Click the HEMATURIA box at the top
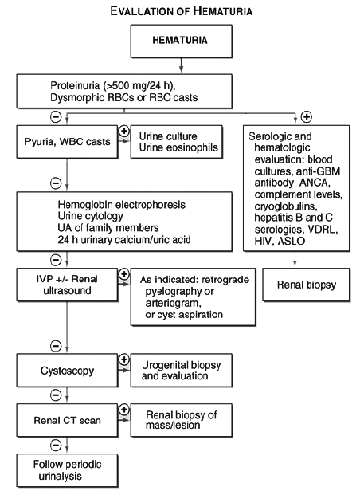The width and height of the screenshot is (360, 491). [181, 41]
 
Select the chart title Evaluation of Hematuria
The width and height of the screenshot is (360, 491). [181, 11]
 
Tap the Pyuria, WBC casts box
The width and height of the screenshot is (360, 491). [67, 142]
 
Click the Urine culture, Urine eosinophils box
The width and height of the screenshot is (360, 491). [177, 142]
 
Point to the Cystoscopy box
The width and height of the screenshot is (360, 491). [67, 371]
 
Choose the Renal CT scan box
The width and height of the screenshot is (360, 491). [67, 420]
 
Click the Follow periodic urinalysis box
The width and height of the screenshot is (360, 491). [67, 470]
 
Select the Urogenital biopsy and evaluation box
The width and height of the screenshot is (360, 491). [182, 371]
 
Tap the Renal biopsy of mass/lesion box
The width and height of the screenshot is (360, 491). [182, 420]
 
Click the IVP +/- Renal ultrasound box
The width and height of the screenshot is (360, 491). [67, 285]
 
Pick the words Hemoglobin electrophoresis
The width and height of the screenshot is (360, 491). [121, 205]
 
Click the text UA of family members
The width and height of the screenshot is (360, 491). [108, 228]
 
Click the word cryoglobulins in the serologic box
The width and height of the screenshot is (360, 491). [286, 206]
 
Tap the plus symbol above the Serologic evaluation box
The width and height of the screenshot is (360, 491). [306, 117]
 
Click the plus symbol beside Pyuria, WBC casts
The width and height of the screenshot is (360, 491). [124, 131]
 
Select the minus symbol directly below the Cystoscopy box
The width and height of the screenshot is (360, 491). [56, 395]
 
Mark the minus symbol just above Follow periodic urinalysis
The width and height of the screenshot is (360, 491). [56, 445]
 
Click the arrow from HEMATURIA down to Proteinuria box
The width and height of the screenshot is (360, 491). [181, 65]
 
